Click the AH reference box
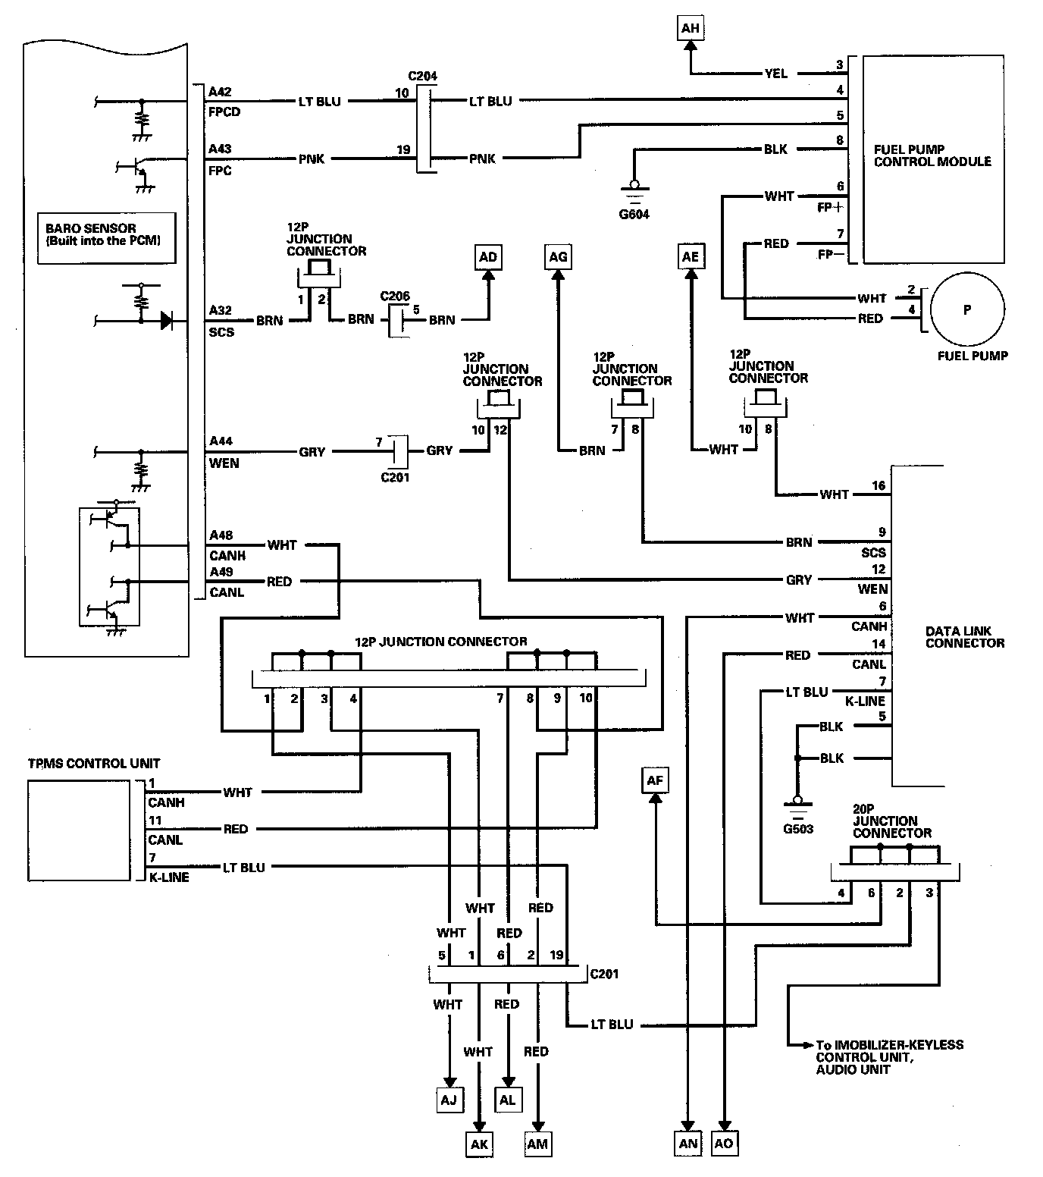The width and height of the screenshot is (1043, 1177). [x=690, y=29]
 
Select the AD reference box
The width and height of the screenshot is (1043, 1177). [x=488, y=257]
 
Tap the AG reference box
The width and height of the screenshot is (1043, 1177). [x=558, y=257]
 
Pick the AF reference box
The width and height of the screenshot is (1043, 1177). [x=655, y=780]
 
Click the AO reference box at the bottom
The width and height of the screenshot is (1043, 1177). [x=724, y=1143]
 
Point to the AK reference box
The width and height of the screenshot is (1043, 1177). [x=479, y=1144]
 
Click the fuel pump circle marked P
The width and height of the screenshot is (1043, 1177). [x=966, y=309]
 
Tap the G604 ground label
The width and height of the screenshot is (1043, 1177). [x=634, y=215]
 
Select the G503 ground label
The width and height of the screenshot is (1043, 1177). [x=798, y=829]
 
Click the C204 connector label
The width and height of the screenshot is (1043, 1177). [x=422, y=77]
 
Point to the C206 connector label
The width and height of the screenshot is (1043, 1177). [x=395, y=297]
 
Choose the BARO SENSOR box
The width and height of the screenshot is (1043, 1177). [x=106, y=237]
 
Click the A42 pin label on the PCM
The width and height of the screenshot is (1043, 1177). [x=220, y=92]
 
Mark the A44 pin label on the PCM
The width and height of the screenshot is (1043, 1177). [x=221, y=441]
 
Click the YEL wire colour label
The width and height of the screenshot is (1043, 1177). [x=775, y=74]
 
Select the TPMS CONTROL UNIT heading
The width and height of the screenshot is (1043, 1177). [x=94, y=763]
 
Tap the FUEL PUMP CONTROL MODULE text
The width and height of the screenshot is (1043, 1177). [x=932, y=155]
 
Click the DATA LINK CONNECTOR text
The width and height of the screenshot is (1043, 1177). [x=964, y=637]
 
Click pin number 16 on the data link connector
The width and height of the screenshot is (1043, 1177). [x=878, y=485]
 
